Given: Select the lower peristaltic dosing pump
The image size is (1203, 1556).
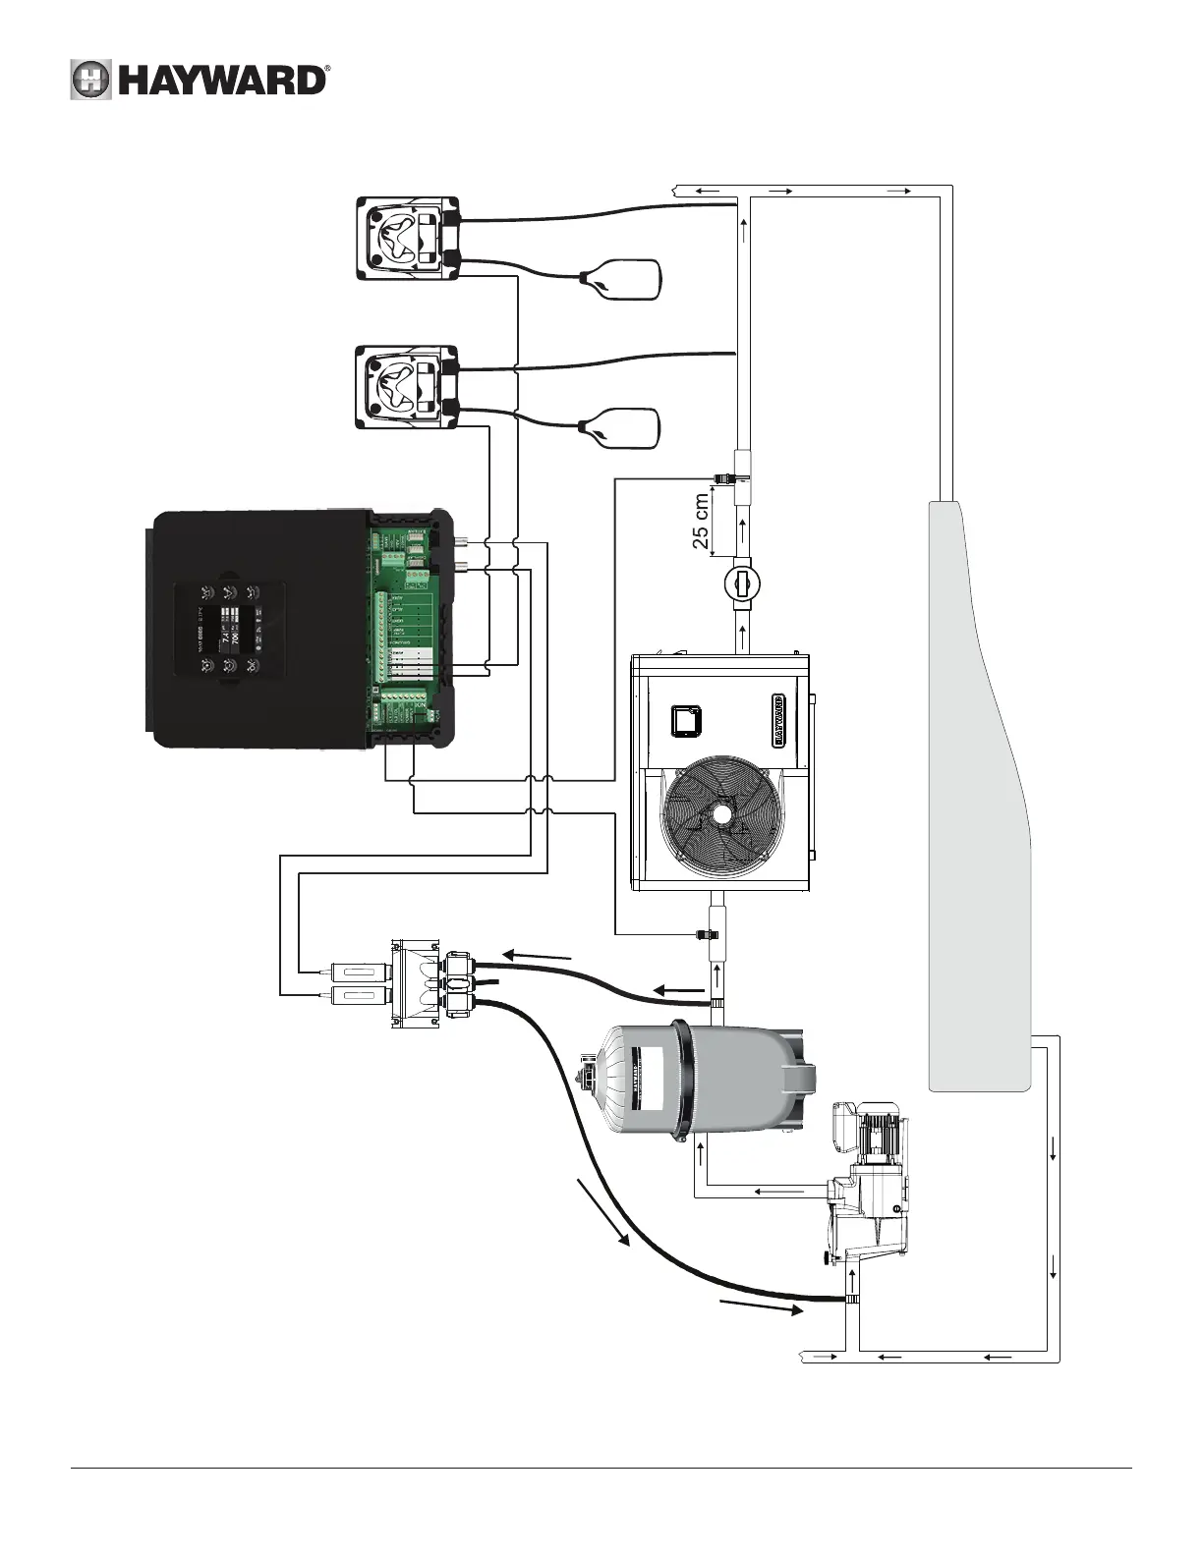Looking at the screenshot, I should point(406,386).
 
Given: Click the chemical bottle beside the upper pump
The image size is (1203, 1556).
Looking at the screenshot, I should point(623,280).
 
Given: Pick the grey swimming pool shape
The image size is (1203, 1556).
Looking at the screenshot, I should point(978,786).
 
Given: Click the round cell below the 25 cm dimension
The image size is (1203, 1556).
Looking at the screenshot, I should point(742,583).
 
